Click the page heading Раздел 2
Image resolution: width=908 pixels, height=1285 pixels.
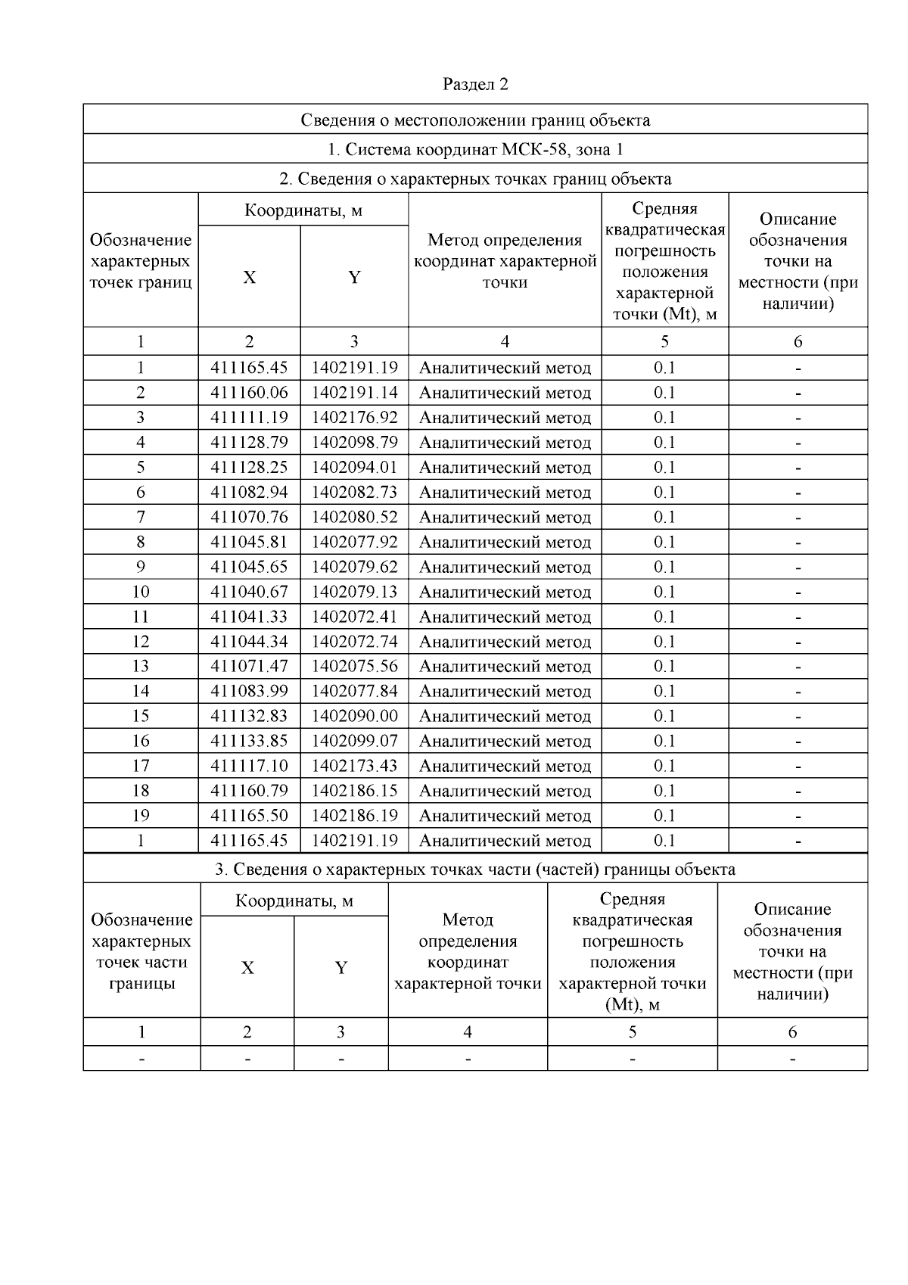point(475,84)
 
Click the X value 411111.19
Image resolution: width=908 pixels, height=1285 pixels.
point(249,418)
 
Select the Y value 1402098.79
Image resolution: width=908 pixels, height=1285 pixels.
point(354,443)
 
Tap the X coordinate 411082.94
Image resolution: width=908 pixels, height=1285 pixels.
point(249,493)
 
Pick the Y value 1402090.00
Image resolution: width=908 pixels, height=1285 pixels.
point(354,716)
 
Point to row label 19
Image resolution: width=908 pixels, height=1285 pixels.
point(141,816)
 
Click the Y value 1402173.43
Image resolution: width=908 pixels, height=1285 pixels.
point(354,766)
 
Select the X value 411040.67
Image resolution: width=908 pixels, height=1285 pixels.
point(249,592)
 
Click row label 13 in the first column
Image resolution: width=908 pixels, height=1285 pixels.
point(141,667)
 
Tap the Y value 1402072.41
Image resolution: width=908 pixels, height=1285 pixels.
point(354,617)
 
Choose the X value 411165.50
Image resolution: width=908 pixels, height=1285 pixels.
point(249,816)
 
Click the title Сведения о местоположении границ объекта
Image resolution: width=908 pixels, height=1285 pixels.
point(475,120)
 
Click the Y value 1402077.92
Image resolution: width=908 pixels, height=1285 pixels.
point(354,543)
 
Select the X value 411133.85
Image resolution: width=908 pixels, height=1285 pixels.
point(249,741)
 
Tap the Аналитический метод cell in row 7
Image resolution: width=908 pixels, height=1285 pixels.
point(505,518)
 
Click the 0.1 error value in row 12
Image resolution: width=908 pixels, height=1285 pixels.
point(664,642)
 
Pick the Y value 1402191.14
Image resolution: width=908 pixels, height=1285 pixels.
point(354,393)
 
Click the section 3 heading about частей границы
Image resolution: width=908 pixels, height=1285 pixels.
point(475,870)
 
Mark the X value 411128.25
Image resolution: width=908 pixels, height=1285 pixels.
point(249,468)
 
